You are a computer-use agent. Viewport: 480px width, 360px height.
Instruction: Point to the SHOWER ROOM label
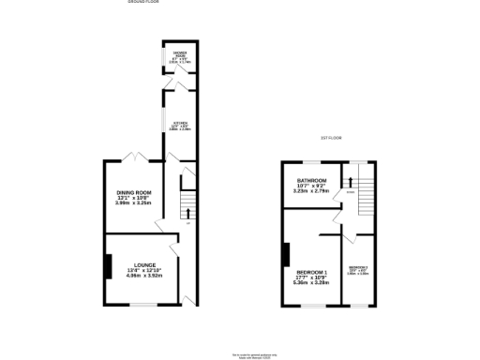pos(178,53)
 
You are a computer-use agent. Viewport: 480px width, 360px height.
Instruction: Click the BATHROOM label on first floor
pos(312,180)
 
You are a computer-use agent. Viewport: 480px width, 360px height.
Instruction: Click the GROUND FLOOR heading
pos(144,3)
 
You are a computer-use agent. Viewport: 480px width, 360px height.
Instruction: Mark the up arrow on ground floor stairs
pos(187,212)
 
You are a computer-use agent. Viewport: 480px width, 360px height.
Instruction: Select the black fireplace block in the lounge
pos(106,268)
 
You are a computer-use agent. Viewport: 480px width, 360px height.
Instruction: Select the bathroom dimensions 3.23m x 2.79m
pos(312,191)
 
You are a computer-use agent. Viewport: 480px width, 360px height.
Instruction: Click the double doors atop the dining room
pos(138,156)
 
